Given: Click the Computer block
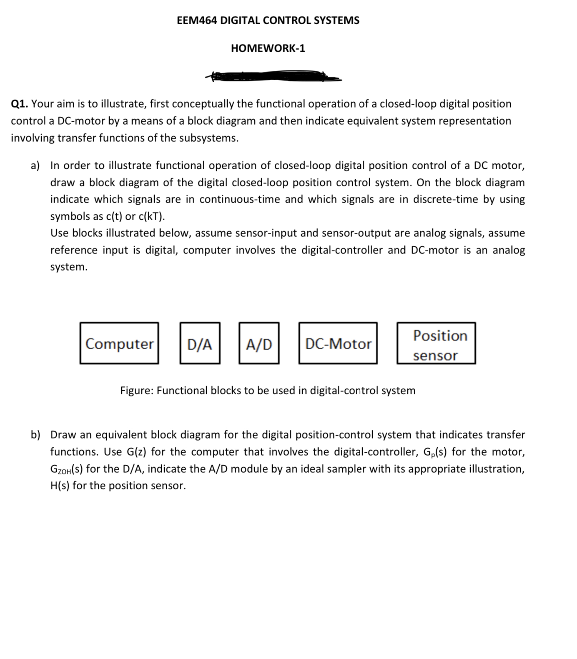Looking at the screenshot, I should click(119, 343).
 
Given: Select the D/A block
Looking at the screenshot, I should click(200, 343).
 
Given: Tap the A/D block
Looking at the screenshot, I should click(259, 343).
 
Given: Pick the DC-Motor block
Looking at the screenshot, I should click(338, 343).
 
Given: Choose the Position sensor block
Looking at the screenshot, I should click(436, 343).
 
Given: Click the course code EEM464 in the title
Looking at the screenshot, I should click(196, 20).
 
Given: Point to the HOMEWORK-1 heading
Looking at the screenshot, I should click(268, 48).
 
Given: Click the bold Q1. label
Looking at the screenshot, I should click(19, 104).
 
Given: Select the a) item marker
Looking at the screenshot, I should click(35, 166).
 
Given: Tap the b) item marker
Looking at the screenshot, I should click(35, 435).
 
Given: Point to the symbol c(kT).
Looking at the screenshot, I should click(151, 216).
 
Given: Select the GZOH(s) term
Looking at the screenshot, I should click(67, 469).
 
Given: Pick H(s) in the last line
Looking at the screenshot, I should click(60, 486).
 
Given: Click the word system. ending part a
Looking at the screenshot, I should click(69, 267).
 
